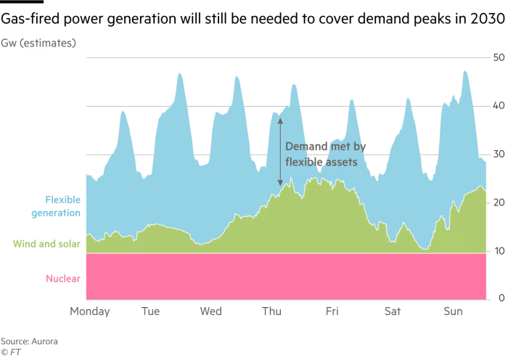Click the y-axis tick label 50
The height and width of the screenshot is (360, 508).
tap(499, 57)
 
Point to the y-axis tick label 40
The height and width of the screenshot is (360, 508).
tap(499, 105)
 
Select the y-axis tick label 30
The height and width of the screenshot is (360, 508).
tap(499, 154)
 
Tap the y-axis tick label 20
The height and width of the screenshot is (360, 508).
tap(499, 202)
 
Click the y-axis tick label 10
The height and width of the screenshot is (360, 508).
tap(499, 251)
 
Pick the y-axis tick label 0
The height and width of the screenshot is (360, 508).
tap(501, 298)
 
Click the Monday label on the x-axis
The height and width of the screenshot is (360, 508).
tap(89, 313)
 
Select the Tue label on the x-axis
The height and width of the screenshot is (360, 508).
tap(150, 313)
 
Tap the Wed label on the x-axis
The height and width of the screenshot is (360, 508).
tap(210, 313)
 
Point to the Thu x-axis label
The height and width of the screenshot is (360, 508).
tap(271, 313)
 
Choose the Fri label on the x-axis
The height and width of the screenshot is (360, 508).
tap(332, 313)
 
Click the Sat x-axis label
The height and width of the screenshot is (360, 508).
tap(392, 313)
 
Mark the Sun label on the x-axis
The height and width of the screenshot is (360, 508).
tap(453, 313)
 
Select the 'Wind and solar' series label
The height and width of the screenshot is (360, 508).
tap(47, 244)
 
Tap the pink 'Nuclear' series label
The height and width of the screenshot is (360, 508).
tap(62, 279)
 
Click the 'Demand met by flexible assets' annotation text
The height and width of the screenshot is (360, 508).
tap(324, 154)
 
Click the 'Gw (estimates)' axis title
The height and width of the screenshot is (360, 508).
tap(44, 42)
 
